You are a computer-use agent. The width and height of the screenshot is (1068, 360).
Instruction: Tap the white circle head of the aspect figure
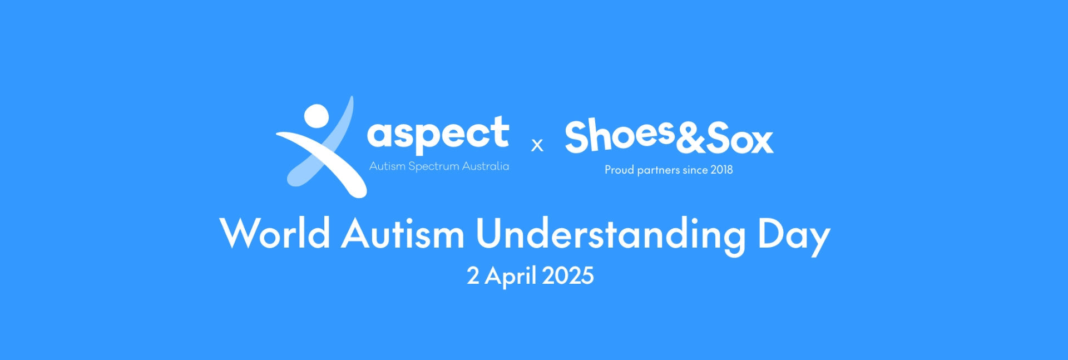[x=317, y=117]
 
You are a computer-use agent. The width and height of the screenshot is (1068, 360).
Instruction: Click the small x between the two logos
[x=537, y=145]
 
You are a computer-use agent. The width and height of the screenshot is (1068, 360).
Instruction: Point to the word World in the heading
[x=275, y=233]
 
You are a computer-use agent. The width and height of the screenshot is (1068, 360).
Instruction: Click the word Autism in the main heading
[x=403, y=233]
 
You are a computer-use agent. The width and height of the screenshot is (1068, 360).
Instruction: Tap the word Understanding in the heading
[x=611, y=236]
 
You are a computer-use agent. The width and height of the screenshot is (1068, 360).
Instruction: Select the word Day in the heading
[x=794, y=236]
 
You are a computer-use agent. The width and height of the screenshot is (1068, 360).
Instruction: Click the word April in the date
[x=510, y=277]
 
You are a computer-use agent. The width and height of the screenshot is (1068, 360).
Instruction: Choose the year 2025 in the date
[x=568, y=276]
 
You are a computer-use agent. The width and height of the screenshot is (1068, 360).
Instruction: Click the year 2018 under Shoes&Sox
[x=721, y=170]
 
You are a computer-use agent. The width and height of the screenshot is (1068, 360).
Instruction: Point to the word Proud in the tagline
[x=619, y=170]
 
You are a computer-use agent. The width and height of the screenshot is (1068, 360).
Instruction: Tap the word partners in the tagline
[x=658, y=170]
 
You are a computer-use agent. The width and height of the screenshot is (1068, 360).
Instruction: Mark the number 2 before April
[x=473, y=276]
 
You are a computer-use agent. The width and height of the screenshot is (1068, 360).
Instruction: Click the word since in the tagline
[x=695, y=170]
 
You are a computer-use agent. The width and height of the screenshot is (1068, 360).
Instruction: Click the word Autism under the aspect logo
[x=387, y=166]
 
